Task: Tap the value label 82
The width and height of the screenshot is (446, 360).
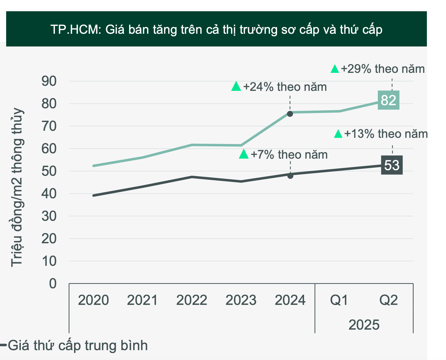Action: point(388,100)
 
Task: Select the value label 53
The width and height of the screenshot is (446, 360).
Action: point(392,165)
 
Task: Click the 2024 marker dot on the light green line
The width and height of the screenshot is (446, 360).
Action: point(290,114)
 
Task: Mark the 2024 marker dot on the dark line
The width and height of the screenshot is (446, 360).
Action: point(290,176)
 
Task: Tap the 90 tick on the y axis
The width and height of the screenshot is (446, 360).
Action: point(49,81)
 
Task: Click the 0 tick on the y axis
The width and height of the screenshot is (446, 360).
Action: point(53,283)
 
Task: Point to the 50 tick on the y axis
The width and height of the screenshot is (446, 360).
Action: point(49,171)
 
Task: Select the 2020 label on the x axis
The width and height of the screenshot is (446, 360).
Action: point(93,300)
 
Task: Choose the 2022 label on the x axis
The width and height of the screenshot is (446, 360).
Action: point(191,300)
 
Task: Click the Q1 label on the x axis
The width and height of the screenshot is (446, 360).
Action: point(339,300)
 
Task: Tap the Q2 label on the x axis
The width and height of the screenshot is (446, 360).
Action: point(389,300)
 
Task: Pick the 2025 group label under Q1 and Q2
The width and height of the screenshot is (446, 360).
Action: point(364,325)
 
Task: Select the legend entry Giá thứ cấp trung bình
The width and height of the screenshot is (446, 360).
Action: point(77,345)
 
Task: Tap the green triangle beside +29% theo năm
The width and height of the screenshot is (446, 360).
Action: point(335,69)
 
